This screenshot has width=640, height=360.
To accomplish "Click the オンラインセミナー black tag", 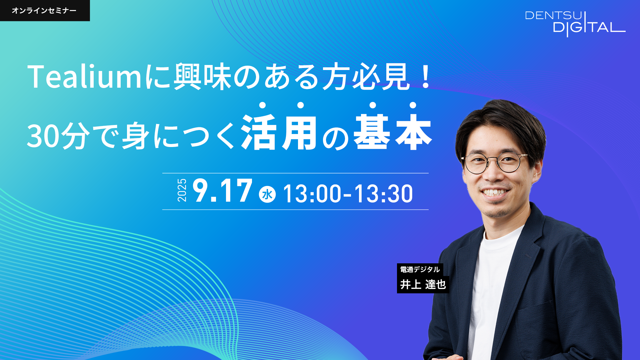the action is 45,10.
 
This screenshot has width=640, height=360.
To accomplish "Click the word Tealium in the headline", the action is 85,77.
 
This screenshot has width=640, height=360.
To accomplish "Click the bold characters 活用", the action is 279,132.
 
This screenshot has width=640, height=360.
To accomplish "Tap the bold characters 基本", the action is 393,132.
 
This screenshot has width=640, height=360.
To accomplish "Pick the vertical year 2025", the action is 182,190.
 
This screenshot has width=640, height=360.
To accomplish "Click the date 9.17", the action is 222,190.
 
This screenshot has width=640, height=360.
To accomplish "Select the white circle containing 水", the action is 267,194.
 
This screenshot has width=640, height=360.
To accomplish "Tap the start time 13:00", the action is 312,194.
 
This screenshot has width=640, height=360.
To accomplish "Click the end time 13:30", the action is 383,194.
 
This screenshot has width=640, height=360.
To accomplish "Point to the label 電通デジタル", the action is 420,269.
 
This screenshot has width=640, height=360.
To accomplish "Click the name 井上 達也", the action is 423,284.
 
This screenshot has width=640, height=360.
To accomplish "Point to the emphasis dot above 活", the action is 262,105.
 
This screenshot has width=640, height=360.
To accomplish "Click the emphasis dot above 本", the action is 413,105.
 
